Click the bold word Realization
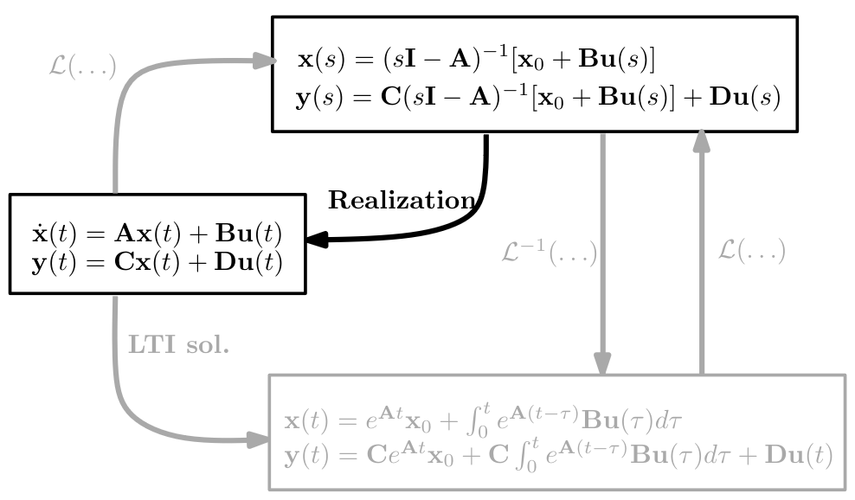[401, 201]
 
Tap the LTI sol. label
[179, 344]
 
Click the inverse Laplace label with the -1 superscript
[550, 253]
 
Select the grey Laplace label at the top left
[82, 67]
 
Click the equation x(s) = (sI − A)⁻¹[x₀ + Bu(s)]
[475, 60]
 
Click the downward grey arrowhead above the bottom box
[602, 363]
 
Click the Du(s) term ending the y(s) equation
[745, 98]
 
